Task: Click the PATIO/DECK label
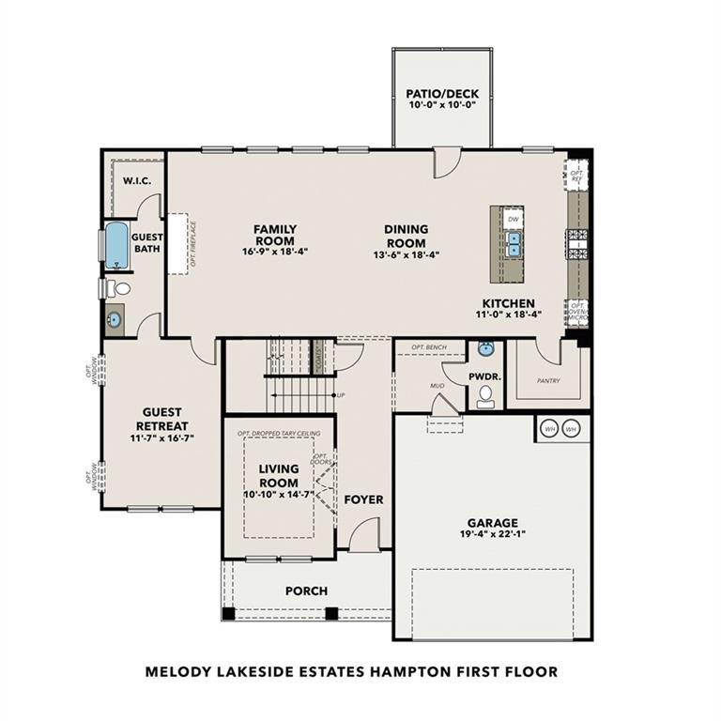pos(441,94)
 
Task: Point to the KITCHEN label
pos(508,303)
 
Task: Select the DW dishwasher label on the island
pos(513,219)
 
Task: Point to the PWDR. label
pos(485,376)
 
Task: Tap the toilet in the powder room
pos(485,401)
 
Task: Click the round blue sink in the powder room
pos(484,350)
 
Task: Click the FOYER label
pos(363,499)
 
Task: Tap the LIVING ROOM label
pos(278,475)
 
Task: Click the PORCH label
pos(306,591)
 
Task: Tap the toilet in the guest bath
pos(112,288)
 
